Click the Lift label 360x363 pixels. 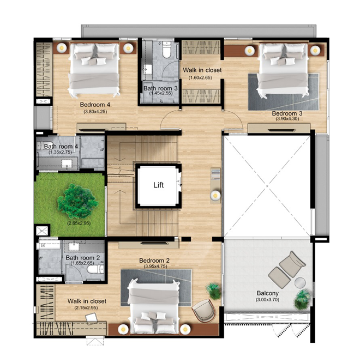(x=159, y=185)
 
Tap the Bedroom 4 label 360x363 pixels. (x=95, y=105)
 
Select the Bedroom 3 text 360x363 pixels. (x=287, y=113)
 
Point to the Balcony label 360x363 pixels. (x=268, y=293)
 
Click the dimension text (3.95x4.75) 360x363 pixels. (x=155, y=266)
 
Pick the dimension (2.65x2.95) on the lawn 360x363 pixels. (x=79, y=223)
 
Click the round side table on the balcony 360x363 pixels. (x=300, y=283)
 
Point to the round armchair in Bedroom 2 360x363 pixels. (x=204, y=311)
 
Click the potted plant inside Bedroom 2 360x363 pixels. (x=213, y=291)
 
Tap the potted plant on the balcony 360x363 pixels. (x=302, y=299)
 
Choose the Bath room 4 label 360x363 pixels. (x=61, y=147)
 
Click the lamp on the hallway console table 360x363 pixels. (x=215, y=196)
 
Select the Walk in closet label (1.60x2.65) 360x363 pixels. (x=202, y=70)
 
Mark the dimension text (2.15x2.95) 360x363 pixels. (x=86, y=308)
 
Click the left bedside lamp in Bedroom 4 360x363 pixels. (x=62, y=48)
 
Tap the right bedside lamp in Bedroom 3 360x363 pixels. (x=315, y=50)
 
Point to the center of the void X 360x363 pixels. (x=267, y=186)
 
